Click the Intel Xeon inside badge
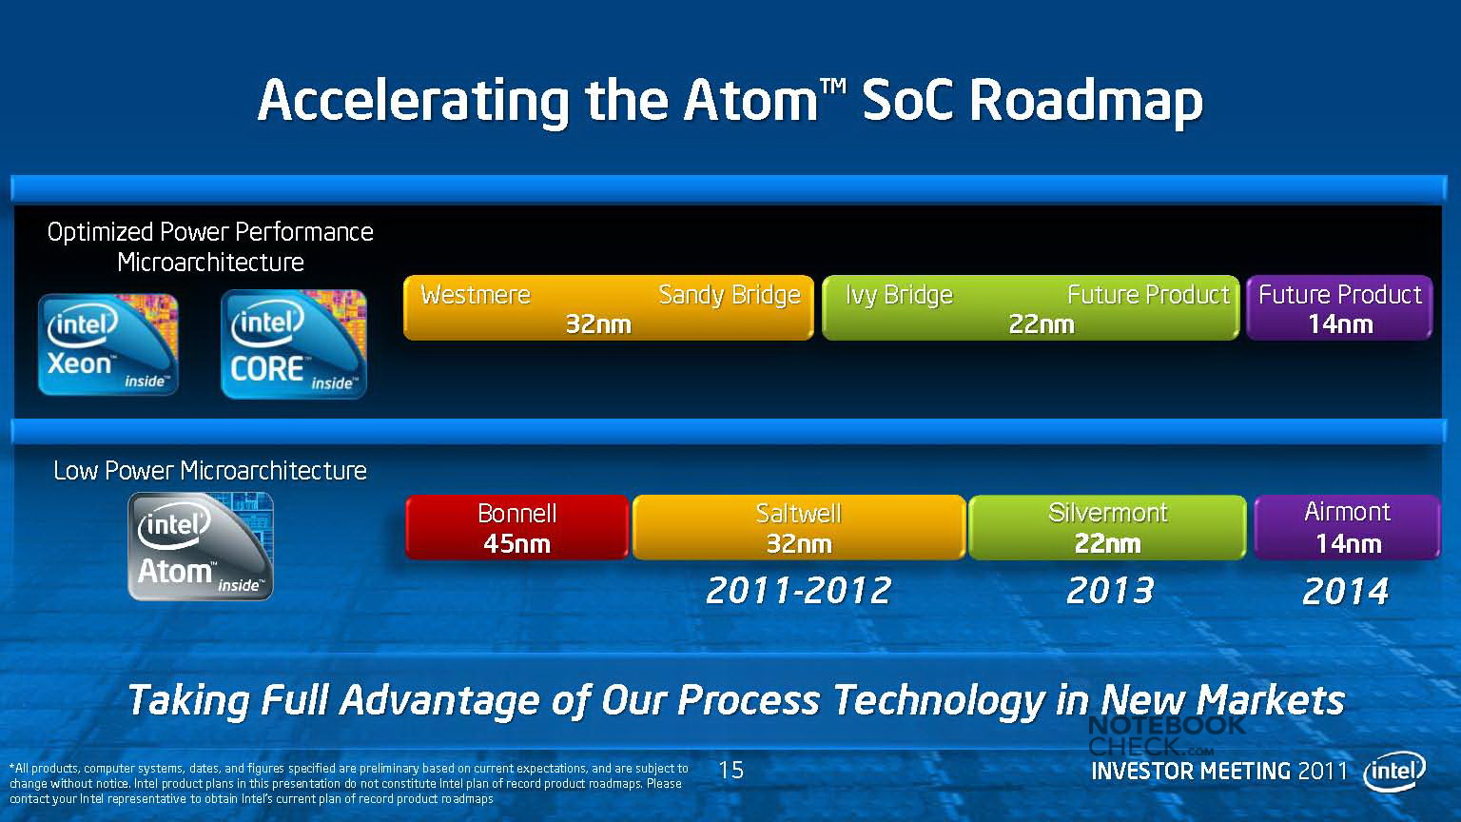coord(108,344)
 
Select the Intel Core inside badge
coord(294,344)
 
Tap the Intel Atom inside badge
coord(201,547)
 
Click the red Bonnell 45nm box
coord(516,527)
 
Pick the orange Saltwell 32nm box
coord(799,527)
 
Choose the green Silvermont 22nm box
coord(1107,527)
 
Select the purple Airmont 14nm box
coord(1348,527)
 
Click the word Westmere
coord(476,295)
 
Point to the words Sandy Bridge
coord(730,296)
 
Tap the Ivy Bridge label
coord(900,296)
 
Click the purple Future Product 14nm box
coord(1339,308)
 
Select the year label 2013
coord(1110,591)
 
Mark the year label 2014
coord(1346,591)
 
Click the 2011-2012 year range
coord(798,591)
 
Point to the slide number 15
coord(731,770)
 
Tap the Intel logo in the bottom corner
coord(1394,773)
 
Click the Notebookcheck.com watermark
coord(1167,735)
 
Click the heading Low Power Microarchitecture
coord(210,471)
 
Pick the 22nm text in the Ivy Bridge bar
coord(1042,324)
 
